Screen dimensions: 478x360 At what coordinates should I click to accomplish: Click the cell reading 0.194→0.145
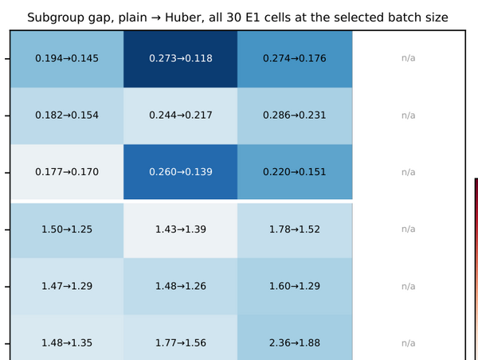(x=67, y=59)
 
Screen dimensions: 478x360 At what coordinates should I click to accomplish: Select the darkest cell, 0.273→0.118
(x=181, y=59)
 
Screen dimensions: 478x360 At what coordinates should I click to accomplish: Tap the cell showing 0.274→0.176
(x=295, y=59)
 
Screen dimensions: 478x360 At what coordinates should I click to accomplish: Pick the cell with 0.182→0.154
(x=67, y=115)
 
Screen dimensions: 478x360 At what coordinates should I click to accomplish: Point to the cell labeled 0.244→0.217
(x=181, y=115)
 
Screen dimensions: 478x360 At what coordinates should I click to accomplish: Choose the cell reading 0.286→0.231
(x=295, y=115)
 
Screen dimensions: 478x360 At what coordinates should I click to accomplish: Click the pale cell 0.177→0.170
(x=67, y=172)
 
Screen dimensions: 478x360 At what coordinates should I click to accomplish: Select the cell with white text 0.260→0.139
(x=181, y=172)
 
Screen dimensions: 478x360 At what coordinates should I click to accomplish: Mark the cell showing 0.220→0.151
(x=295, y=172)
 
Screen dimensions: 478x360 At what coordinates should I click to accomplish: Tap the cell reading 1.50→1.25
(x=67, y=230)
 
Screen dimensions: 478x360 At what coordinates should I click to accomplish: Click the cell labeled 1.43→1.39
(x=181, y=230)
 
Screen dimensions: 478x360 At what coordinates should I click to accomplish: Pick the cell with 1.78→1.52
(x=295, y=230)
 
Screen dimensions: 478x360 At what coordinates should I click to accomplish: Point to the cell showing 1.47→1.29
(x=67, y=286)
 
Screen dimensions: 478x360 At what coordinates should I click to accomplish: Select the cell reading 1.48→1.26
(x=181, y=286)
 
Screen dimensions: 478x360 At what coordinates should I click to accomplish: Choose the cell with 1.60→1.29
(x=295, y=286)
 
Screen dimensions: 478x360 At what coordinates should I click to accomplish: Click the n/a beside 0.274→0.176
(x=409, y=58)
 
